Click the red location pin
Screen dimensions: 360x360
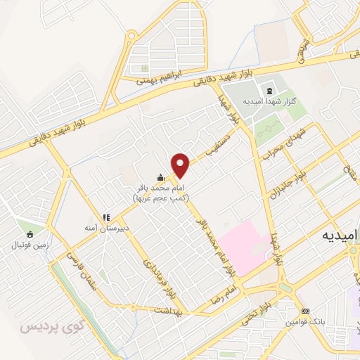(181, 165)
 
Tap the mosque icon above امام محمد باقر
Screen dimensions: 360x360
(161, 179)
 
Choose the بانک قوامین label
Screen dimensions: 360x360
(303, 322)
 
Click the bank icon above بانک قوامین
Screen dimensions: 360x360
(304, 311)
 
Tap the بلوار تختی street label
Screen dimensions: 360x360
(259, 307)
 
